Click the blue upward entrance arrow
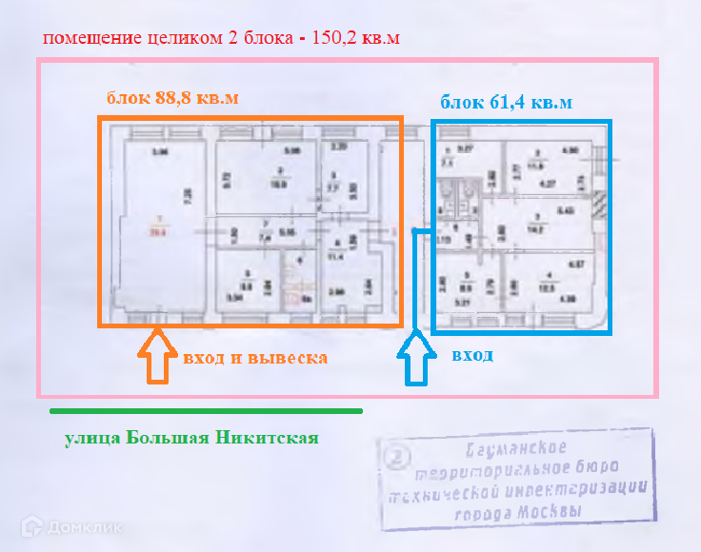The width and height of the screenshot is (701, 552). pyautogui.click(x=415, y=358)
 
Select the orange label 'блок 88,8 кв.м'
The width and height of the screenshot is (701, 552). pyautogui.click(x=171, y=98)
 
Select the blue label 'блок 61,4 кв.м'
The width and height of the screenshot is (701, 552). pyautogui.click(x=506, y=102)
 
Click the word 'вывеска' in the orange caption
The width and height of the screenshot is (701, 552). pyautogui.click(x=288, y=358)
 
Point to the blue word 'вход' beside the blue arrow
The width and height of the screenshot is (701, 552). pyautogui.click(x=472, y=355)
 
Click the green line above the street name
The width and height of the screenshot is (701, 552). pyautogui.click(x=206, y=411)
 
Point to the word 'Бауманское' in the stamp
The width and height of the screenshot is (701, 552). pyautogui.click(x=517, y=448)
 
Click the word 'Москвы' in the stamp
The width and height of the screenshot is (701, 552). pyautogui.click(x=545, y=512)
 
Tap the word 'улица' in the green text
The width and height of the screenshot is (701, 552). pyautogui.click(x=90, y=439)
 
